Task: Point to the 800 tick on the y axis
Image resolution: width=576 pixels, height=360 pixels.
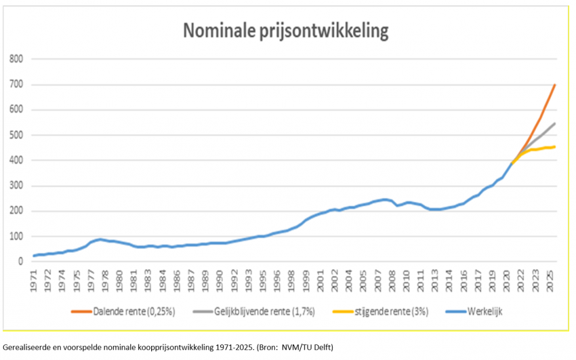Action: (17, 60)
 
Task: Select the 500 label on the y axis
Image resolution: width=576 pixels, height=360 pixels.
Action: (17, 136)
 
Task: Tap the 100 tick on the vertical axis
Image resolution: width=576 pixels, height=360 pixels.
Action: (17, 236)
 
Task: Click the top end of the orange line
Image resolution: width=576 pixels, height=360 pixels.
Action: (555, 85)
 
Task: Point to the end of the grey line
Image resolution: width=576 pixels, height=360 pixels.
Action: (555, 123)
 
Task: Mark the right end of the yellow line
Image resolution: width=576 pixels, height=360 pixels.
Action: (555, 147)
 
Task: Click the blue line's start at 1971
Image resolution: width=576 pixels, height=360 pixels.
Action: (34, 256)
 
